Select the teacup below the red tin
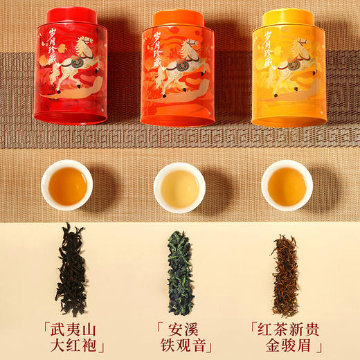(x=66, y=184)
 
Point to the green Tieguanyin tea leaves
(x=180, y=270)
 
